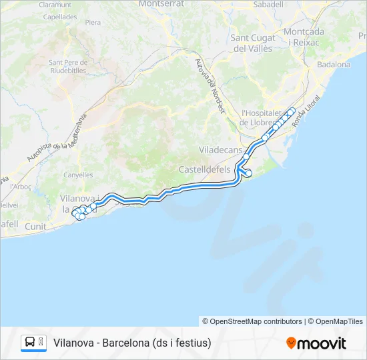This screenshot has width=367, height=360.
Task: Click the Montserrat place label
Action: coord(161,4)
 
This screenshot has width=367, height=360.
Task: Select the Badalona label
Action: coord(334,65)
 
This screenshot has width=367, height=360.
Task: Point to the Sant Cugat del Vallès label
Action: coord(258,43)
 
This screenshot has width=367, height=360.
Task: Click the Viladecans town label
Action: coord(221,150)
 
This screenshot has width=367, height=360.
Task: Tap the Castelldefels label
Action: coord(204,170)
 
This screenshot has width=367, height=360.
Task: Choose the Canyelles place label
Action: coord(77,175)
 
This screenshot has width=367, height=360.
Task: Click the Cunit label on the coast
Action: coord(36,227)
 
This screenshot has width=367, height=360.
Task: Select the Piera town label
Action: coord(93,23)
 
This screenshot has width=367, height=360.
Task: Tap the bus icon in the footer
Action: coord(30,343)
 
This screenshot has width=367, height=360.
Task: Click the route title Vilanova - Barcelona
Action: coord(132,343)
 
